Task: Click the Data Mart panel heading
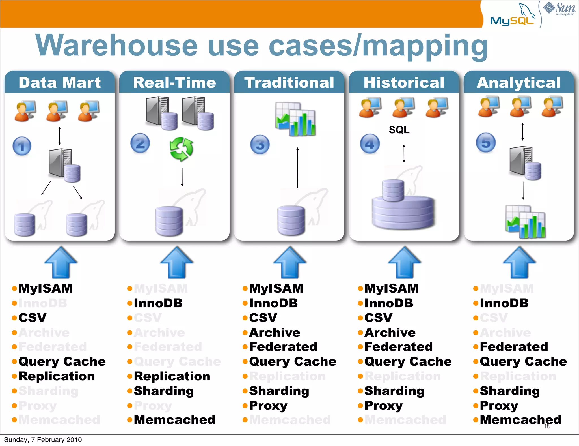point(60,83)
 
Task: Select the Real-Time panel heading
point(174,83)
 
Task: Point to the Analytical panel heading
point(518,83)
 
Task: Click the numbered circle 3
point(260,144)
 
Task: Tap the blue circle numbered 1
point(22,146)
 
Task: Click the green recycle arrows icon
point(182,149)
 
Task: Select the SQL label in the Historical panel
point(399,130)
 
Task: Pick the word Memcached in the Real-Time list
point(174,420)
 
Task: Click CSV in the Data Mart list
point(32,318)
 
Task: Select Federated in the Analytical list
point(514,347)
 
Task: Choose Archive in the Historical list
point(390,333)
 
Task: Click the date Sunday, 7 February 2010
point(43,440)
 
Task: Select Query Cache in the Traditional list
point(293,362)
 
